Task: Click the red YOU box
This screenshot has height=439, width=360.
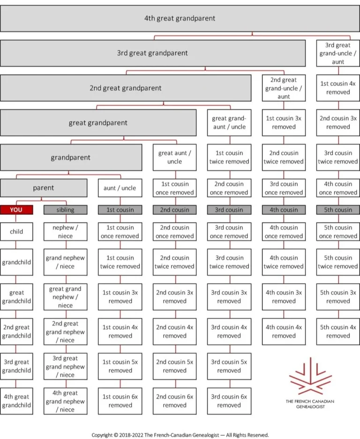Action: point(16,210)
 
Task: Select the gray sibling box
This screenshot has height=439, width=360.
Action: point(65,210)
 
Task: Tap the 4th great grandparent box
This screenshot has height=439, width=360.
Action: point(180,19)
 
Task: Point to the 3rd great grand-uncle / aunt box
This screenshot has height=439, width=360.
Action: point(338,53)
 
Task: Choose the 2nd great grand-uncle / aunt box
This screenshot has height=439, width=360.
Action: point(284,88)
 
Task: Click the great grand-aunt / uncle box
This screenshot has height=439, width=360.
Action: point(229,123)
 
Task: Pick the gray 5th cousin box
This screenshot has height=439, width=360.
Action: point(338,210)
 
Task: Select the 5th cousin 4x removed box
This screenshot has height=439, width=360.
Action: point(338,331)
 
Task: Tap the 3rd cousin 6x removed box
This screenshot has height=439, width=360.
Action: point(229,401)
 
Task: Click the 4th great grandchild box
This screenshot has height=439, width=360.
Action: point(16,401)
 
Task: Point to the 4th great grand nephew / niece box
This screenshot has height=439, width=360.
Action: point(65,401)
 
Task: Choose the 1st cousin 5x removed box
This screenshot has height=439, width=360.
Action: point(120,366)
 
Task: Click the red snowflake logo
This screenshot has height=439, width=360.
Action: point(310,377)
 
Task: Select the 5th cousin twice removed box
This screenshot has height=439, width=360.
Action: point(338,262)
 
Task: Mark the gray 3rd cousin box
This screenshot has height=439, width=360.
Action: point(229,210)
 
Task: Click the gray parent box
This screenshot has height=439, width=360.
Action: point(44,188)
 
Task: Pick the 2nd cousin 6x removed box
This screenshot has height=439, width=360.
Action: point(174,401)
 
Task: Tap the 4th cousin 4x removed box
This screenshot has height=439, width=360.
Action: point(284,331)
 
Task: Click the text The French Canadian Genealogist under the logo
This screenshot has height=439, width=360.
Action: point(310,404)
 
